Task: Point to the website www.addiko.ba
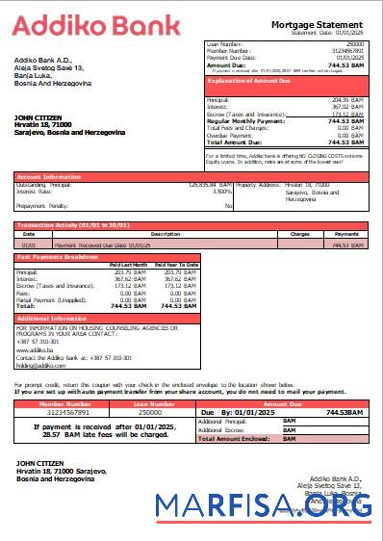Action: (x=32, y=350)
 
